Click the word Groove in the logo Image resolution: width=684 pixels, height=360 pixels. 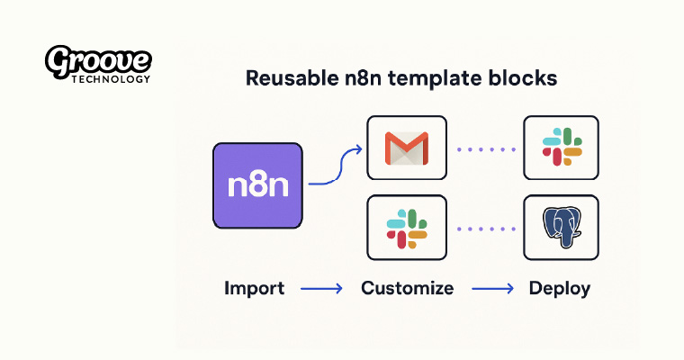pos(98,60)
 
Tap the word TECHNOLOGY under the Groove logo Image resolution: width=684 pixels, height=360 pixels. pos(110,78)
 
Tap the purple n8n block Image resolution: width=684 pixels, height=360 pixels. pos(257,184)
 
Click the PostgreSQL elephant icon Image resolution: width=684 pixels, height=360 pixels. pos(561,228)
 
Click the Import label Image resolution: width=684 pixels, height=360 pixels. pos(254,289)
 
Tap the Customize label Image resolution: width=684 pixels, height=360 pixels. pos(407,289)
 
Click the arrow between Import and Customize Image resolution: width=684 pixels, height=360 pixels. pos(321,290)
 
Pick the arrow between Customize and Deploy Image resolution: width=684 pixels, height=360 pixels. pos(490,290)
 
